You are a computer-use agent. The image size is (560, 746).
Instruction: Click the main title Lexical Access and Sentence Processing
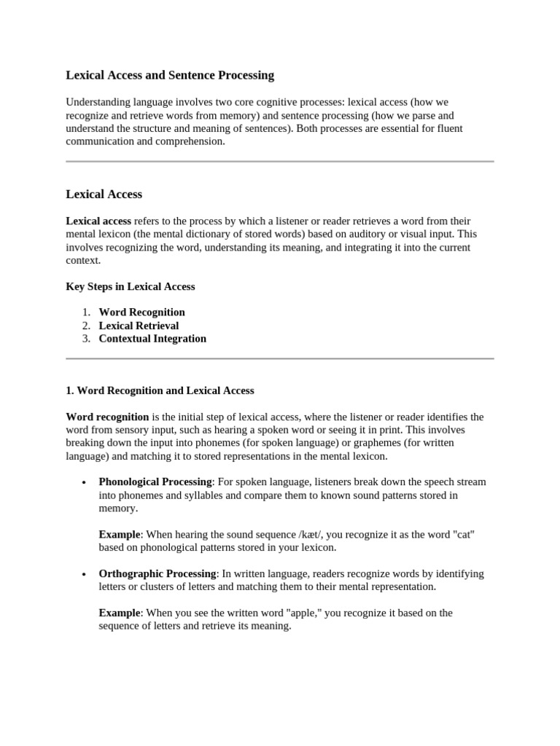[170, 75]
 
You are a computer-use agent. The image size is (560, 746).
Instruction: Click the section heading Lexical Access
[104, 195]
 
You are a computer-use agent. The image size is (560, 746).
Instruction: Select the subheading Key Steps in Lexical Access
[131, 286]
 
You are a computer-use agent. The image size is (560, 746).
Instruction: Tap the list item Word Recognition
[141, 312]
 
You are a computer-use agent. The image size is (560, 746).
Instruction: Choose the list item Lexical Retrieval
[139, 326]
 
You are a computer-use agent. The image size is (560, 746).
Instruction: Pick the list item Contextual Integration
[152, 339]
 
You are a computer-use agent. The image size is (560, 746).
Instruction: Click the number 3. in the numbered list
[86, 339]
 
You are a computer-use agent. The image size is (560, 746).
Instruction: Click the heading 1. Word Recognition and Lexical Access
[160, 390]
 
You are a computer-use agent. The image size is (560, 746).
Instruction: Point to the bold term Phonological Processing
[155, 482]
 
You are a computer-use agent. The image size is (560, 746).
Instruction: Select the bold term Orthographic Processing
[157, 573]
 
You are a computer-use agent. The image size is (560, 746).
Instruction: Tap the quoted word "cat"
[464, 535]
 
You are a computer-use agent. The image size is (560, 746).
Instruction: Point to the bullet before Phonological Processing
[85, 483]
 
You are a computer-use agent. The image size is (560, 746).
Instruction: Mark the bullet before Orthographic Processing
[85, 574]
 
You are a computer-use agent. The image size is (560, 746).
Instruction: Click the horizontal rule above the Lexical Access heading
[280, 161]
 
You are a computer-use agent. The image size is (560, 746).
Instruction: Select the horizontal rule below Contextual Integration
[280, 358]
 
